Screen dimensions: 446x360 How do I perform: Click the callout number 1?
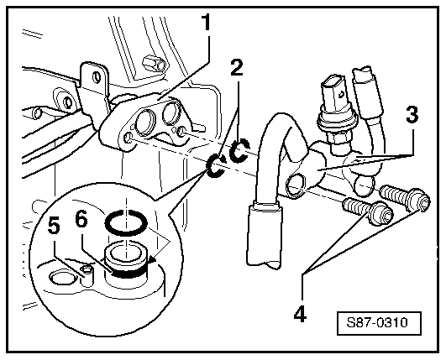[x=206, y=23]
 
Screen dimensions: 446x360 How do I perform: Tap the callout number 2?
[x=237, y=68]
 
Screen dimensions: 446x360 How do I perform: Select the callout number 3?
[x=412, y=115]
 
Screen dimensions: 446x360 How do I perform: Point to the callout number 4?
[x=300, y=314]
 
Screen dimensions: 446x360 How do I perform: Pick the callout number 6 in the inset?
[x=81, y=220]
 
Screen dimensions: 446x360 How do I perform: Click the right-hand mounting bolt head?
[x=420, y=200]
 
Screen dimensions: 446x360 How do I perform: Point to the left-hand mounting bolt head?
[x=381, y=213]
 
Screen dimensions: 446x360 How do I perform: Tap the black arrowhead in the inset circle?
[x=152, y=260]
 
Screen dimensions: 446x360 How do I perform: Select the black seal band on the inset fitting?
[x=128, y=272]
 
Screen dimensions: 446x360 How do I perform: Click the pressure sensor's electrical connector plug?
[x=335, y=93]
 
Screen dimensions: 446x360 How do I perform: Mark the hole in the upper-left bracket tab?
[x=97, y=76]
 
